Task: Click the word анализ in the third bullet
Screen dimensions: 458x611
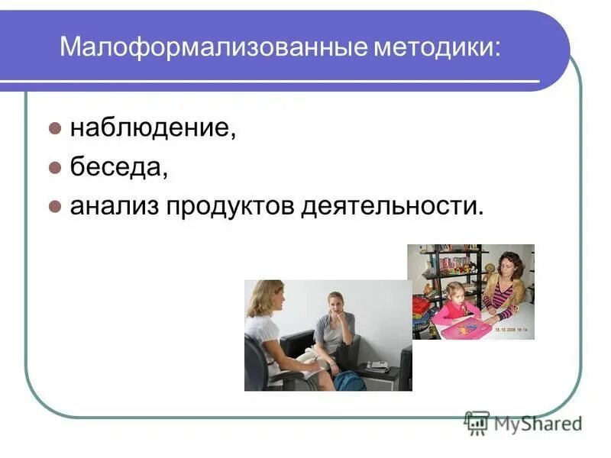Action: [x=112, y=206]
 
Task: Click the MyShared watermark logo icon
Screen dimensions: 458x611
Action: [x=477, y=422]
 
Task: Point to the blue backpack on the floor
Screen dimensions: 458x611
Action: [x=350, y=379]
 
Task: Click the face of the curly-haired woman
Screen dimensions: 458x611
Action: [x=509, y=269]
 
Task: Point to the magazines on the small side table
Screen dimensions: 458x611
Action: [x=377, y=366]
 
